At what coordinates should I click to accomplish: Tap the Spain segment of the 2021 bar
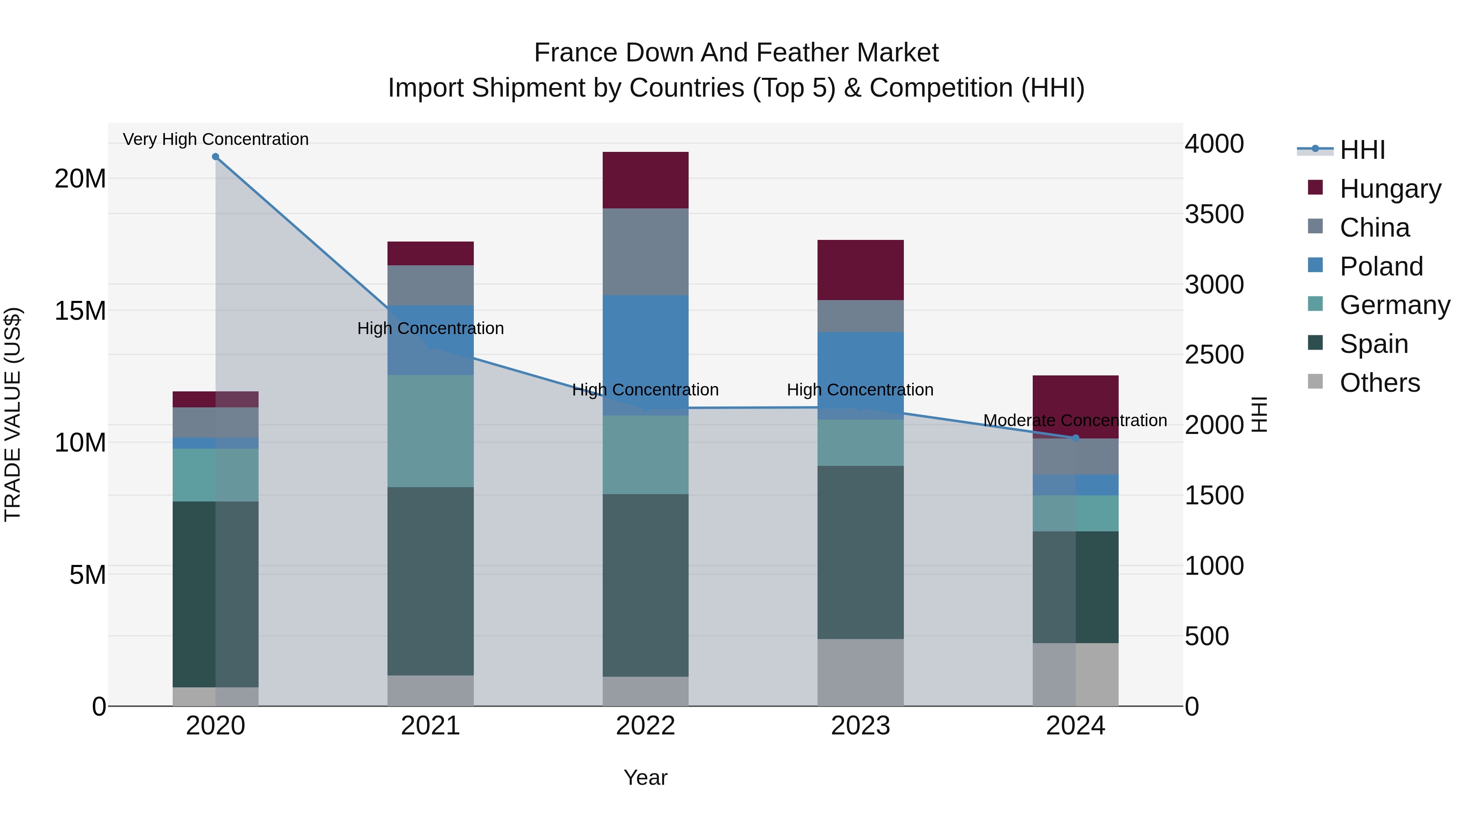click(x=430, y=581)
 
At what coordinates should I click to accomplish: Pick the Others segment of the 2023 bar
click(x=860, y=672)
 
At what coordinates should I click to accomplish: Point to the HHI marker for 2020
click(x=216, y=157)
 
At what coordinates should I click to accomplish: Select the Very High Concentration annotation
click(x=216, y=139)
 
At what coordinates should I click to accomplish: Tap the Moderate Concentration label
click(x=1075, y=420)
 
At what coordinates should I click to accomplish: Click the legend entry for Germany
click(x=1394, y=305)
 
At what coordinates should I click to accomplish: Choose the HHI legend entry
click(x=1362, y=150)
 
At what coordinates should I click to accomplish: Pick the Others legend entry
click(x=1379, y=383)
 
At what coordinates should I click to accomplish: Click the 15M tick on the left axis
click(x=80, y=311)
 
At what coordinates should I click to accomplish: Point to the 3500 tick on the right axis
click(x=1214, y=214)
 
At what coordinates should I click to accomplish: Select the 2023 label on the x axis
click(x=860, y=726)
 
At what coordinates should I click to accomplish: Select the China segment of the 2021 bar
click(x=430, y=285)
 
